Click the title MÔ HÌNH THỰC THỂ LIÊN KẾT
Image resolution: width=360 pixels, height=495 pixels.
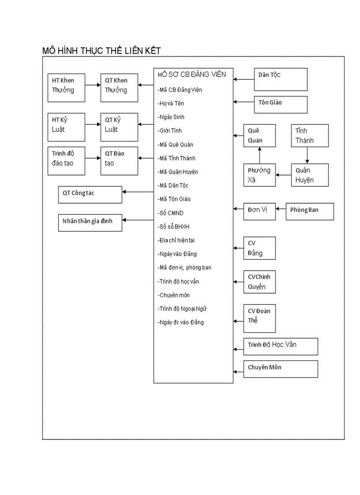click(101, 51)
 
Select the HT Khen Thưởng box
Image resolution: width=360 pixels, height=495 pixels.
click(66, 88)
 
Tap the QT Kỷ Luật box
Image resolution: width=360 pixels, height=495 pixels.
click(119, 127)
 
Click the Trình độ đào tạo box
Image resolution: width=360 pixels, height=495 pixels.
click(66, 161)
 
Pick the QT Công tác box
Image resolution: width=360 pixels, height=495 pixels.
click(90, 194)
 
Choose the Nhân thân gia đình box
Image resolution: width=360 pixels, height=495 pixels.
click(90, 222)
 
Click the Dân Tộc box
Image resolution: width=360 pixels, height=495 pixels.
click(281, 79)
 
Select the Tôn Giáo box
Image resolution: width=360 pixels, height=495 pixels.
click(281, 104)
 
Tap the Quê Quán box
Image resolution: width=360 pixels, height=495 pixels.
click(259, 136)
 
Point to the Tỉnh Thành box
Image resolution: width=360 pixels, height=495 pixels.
click(310, 136)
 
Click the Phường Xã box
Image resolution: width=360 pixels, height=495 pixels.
click(259, 175)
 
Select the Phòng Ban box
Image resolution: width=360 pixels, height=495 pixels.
click(310, 211)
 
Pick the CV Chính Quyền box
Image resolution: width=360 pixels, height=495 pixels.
click(259, 282)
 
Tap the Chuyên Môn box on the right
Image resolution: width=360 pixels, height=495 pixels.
click(281, 369)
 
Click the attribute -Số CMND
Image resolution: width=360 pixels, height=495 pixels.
click(171, 213)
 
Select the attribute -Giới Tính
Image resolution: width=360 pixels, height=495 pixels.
click(170, 131)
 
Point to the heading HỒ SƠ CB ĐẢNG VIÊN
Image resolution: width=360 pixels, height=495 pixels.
click(192, 74)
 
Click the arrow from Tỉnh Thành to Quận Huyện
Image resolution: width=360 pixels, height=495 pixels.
click(307, 155)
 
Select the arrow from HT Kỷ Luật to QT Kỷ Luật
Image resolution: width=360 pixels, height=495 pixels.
click(93, 124)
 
